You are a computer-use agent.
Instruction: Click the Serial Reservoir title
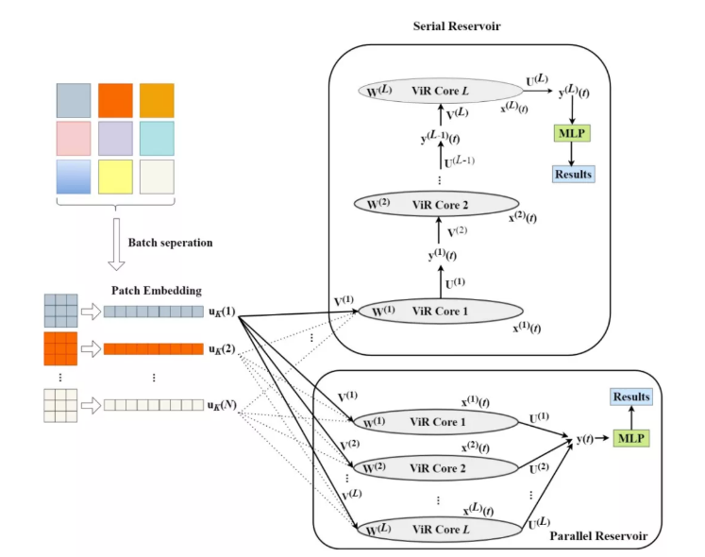coord(456,25)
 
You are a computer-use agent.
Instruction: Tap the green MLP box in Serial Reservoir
coord(573,134)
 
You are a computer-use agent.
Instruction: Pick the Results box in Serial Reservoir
coord(573,174)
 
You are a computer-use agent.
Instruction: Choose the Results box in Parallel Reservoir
coord(631,397)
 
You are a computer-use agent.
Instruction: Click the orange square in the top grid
coord(115,101)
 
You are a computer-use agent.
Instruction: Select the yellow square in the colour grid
coord(115,176)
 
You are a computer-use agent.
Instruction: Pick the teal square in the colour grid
coord(157,138)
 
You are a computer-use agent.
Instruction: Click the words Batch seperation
coord(171,243)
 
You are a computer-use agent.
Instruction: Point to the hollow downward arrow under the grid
coord(115,244)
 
